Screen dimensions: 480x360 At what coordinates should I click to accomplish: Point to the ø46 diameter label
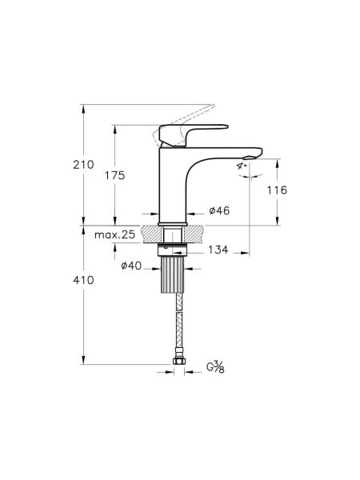[219, 210]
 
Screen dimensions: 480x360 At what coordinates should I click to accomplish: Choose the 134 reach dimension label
[218, 250]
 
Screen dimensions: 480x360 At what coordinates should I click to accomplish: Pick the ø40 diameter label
[133, 266]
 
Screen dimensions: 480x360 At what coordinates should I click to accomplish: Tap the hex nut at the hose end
[176, 367]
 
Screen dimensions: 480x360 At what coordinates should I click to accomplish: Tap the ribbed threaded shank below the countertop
[176, 276]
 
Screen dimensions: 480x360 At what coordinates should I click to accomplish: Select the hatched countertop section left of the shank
[153, 234]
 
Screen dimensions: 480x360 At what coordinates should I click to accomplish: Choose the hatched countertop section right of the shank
[198, 234]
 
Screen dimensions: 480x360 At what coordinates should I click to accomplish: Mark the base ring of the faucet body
[175, 222]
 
